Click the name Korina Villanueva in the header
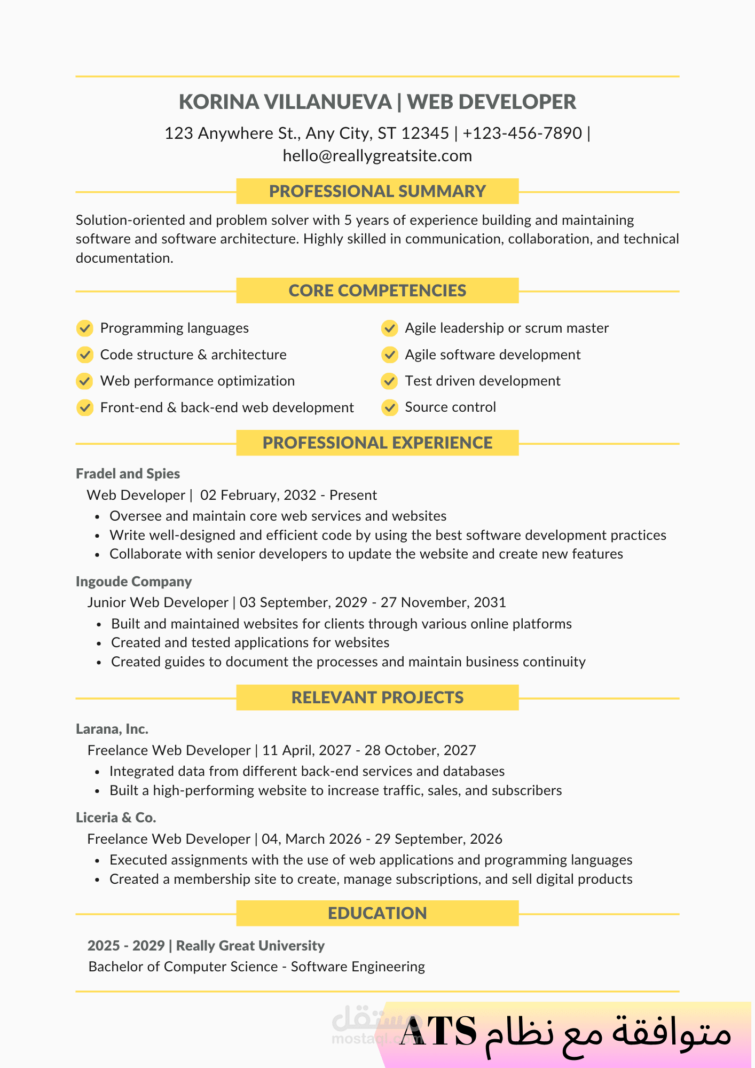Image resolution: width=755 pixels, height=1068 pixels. pyautogui.click(x=285, y=102)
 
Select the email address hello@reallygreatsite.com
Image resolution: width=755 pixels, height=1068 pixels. pyautogui.click(x=377, y=156)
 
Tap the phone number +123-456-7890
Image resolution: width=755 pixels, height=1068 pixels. pyautogui.click(x=522, y=133)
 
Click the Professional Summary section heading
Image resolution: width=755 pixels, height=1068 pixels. pyautogui.click(x=377, y=191)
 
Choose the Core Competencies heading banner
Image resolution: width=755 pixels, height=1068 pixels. pyautogui.click(x=377, y=290)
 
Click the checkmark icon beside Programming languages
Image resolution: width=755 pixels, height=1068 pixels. pyautogui.click(x=84, y=328)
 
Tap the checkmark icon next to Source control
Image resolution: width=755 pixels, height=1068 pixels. pyautogui.click(x=390, y=407)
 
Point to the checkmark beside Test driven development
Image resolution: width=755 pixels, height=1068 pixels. pyautogui.click(x=390, y=381)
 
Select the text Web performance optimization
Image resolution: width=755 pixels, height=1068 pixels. pyautogui.click(x=197, y=381)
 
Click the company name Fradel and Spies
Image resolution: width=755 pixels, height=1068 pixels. pyautogui.click(x=128, y=474)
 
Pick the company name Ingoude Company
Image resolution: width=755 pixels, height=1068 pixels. pyautogui.click(x=133, y=582)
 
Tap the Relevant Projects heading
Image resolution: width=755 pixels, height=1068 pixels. pyautogui.click(x=377, y=697)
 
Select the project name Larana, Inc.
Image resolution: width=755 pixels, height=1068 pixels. pyautogui.click(x=112, y=729)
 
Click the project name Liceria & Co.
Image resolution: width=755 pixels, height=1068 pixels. pyautogui.click(x=116, y=818)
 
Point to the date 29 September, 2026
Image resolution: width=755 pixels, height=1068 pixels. pyautogui.click(x=438, y=839)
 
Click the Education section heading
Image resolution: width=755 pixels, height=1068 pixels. pyautogui.click(x=377, y=913)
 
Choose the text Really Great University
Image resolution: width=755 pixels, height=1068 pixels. pyautogui.click(x=250, y=946)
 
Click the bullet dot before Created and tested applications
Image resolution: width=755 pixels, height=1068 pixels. pyautogui.click(x=99, y=643)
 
